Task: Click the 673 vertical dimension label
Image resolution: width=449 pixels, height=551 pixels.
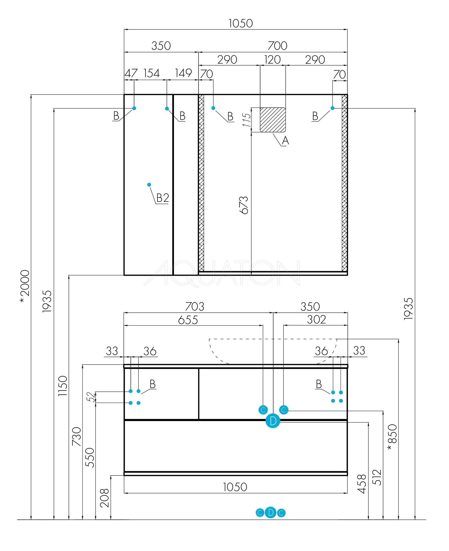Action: (x=244, y=205)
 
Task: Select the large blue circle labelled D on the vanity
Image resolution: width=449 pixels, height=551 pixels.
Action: (x=273, y=421)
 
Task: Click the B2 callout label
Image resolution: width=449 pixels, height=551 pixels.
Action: (x=163, y=198)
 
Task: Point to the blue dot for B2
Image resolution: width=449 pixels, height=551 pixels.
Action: (x=149, y=185)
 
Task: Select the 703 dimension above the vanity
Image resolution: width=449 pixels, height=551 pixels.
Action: (x=195, y=307)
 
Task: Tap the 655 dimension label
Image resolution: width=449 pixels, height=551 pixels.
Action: (x=188, y=320)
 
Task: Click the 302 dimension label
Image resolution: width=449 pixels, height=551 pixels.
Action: (x=316, y=320)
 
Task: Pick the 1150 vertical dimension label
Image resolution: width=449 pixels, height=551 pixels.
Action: (x=63, y=386)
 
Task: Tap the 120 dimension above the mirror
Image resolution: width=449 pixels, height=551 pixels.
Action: (x=272, y=60)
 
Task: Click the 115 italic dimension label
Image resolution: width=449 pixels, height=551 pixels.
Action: (x=247, y=120)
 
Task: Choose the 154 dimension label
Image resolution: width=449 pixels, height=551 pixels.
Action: (x=152, y=73)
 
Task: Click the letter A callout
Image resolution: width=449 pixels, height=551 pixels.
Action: (x=285, y=141)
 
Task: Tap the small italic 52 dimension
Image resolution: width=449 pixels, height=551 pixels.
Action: (x=90, y=397)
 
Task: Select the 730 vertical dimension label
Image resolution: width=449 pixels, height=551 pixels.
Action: (x=76, y=436)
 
